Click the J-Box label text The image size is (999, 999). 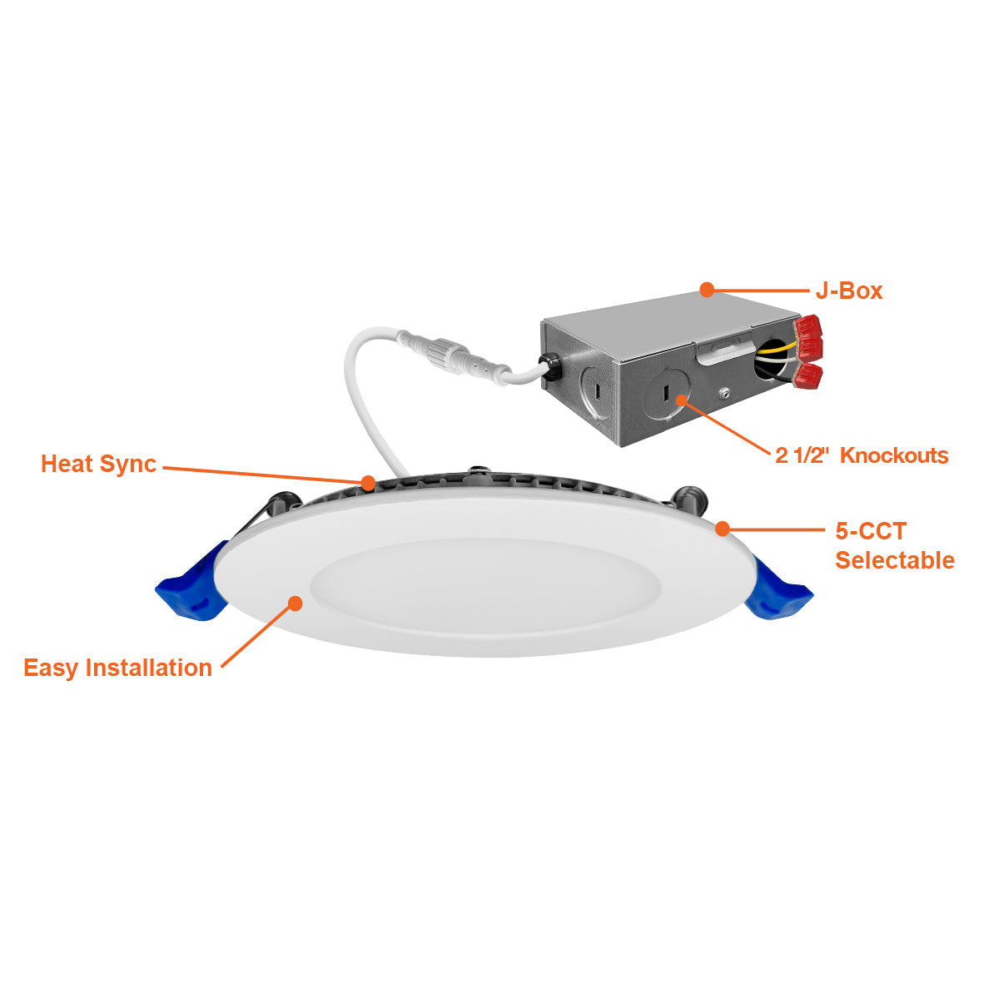click(x=848, y=291)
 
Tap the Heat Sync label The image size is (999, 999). click(x=98, y=465)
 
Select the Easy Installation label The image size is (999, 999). click(x=118, y=668)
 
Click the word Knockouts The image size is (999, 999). click(x=894, y=455)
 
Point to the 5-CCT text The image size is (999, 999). click(x=871, y=531)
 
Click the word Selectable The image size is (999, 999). click(x=895, y=560)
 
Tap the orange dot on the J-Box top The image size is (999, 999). click(x=707, y=290)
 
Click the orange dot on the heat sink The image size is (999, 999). click(x=368, y=483)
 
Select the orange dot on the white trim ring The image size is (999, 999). click(x=296, y=603)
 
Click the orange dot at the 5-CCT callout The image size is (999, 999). click(x=723, y=529)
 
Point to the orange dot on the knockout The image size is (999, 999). click(x=681, y=400)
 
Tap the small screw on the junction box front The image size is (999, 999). click(x=724, y=395)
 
